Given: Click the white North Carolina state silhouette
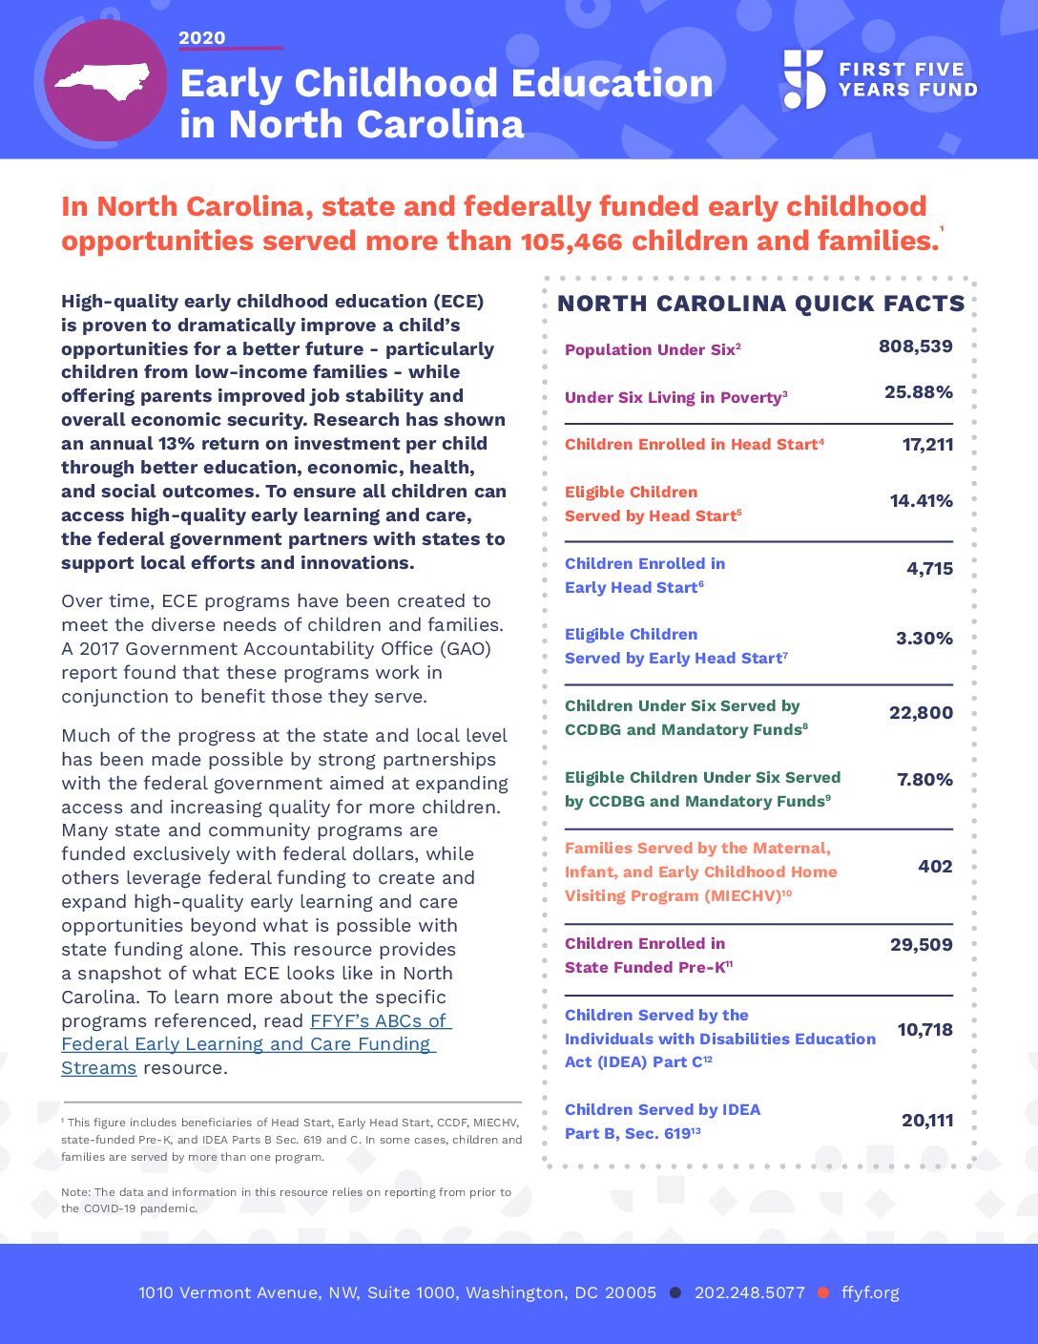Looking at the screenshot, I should (103, 81).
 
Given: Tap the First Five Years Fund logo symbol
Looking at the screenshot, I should (803, 79).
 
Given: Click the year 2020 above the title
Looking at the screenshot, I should (202, 38).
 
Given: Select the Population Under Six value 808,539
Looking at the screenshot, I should (915, 346).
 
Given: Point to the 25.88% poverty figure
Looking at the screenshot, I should (918, 392).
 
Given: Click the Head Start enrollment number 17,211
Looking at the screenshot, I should (927, 444).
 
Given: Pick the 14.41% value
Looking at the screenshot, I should (921, 501).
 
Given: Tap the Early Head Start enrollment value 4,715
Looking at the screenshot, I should (929, 569).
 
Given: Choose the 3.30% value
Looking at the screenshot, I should (924, 639).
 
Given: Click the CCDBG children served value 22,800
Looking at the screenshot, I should (921, 713).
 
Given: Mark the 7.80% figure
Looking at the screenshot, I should (924, 780).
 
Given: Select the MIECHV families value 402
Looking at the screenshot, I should (935, 867).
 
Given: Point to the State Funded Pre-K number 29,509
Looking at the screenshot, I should (921, 945).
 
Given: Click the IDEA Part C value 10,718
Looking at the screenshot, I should (924, 1030).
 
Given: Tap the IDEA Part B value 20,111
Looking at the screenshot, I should (926, 1121).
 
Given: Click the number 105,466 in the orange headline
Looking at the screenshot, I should (571, 241).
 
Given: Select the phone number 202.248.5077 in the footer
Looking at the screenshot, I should (750, 1292).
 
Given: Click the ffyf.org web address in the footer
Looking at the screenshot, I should (870, 1292).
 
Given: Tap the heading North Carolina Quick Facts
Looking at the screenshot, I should (760, 304).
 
